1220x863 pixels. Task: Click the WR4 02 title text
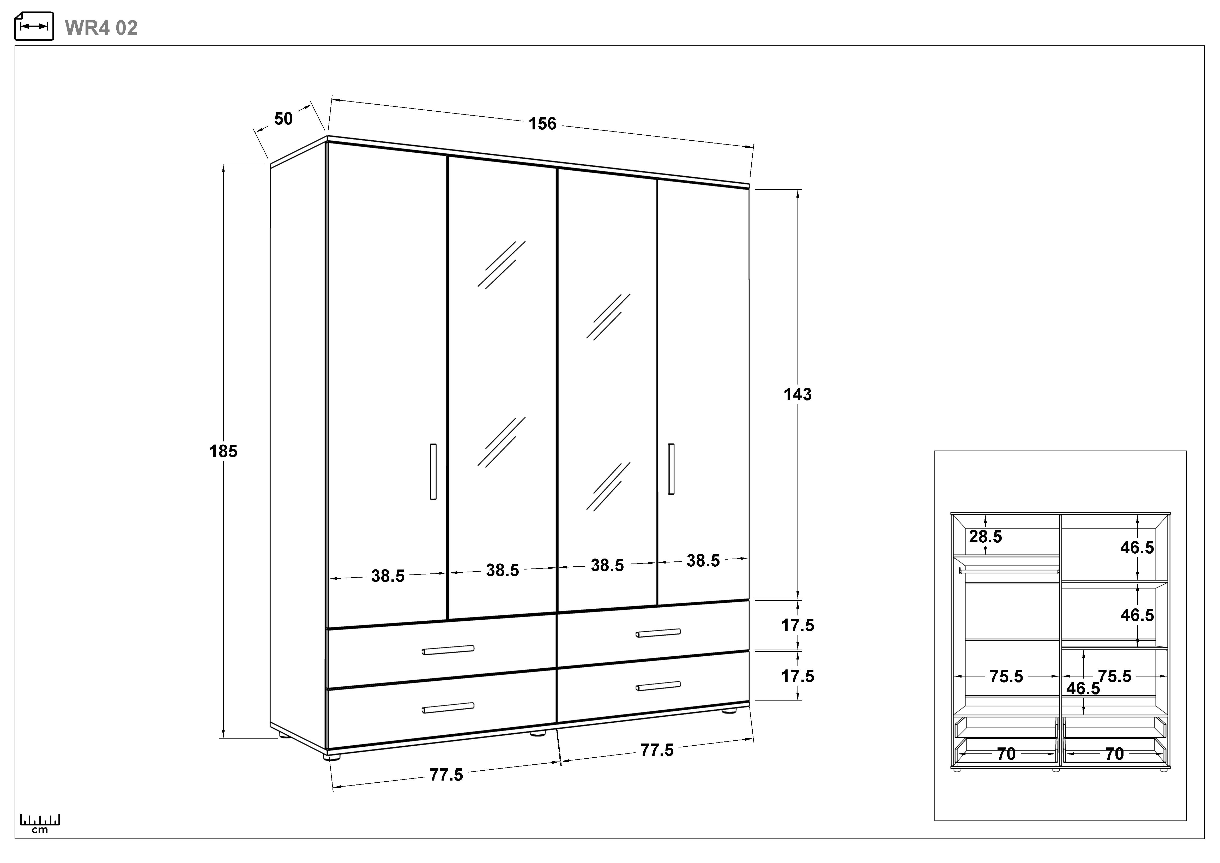click(x=101, y=28)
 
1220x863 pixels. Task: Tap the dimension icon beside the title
click(x=34, y=26)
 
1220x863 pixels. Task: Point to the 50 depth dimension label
click(x=283, y=118)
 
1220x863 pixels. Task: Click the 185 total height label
click(x=223, y=451)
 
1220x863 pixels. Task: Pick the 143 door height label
click(x=798, y=394)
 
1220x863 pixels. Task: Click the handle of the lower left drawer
click(x=448, y=707)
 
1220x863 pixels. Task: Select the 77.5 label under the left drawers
click(x=446, y=775)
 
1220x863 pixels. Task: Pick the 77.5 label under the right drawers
click(x=657, y=750)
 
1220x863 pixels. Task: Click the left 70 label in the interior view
click(x=1006, y=753)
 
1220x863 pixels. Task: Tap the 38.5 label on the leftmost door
click(x=388, y=576)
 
